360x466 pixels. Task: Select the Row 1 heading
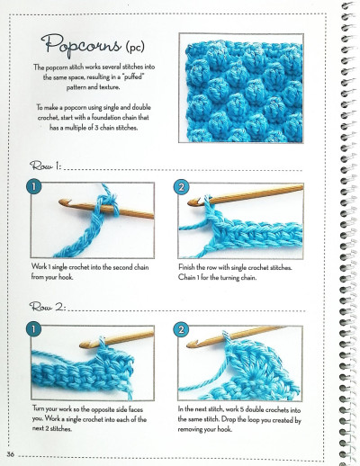coord(45,167)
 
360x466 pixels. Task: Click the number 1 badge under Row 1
coord(34,188)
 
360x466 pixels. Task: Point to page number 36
coord(11,453)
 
